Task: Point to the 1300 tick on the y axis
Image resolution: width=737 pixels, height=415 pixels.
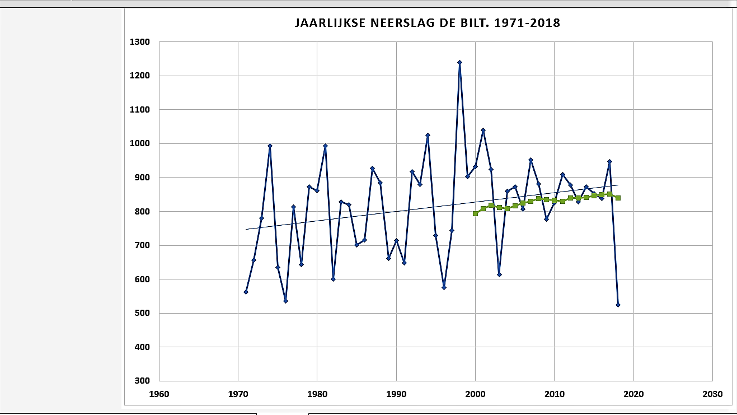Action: pos(140,42)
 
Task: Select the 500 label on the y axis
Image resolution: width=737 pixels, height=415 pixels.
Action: pos(142,313)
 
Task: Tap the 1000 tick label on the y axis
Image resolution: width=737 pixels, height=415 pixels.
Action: pos(140,143)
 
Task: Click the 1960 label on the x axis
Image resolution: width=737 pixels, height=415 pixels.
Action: pos(159,394)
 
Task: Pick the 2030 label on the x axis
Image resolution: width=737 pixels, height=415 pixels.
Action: pos(712,394)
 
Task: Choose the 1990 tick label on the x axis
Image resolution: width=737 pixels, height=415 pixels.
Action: pos(396,394)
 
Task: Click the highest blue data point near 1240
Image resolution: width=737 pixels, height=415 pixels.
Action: pos(459,62)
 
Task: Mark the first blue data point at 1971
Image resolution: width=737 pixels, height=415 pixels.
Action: pos(246,292)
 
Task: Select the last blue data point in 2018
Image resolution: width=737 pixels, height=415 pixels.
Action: pos(618,305)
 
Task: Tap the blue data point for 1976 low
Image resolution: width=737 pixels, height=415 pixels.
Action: pos(285,301)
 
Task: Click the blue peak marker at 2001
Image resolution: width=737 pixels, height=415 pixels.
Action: pos(483,130)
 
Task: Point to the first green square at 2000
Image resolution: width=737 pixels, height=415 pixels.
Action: pos(476,213)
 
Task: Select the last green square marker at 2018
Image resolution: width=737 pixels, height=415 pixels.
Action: pos(618,198)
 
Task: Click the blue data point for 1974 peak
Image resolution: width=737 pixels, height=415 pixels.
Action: pos(270,146)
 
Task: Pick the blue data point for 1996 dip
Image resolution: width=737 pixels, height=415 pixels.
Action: pos(444,287)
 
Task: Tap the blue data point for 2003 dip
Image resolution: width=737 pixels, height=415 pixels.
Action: pos(499,274)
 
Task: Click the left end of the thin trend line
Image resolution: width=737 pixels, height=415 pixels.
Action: pos(246,229)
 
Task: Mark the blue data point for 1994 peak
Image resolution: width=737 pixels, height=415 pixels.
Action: pos(428,135)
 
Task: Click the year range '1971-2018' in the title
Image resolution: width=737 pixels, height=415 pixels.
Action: pos(527,23)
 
